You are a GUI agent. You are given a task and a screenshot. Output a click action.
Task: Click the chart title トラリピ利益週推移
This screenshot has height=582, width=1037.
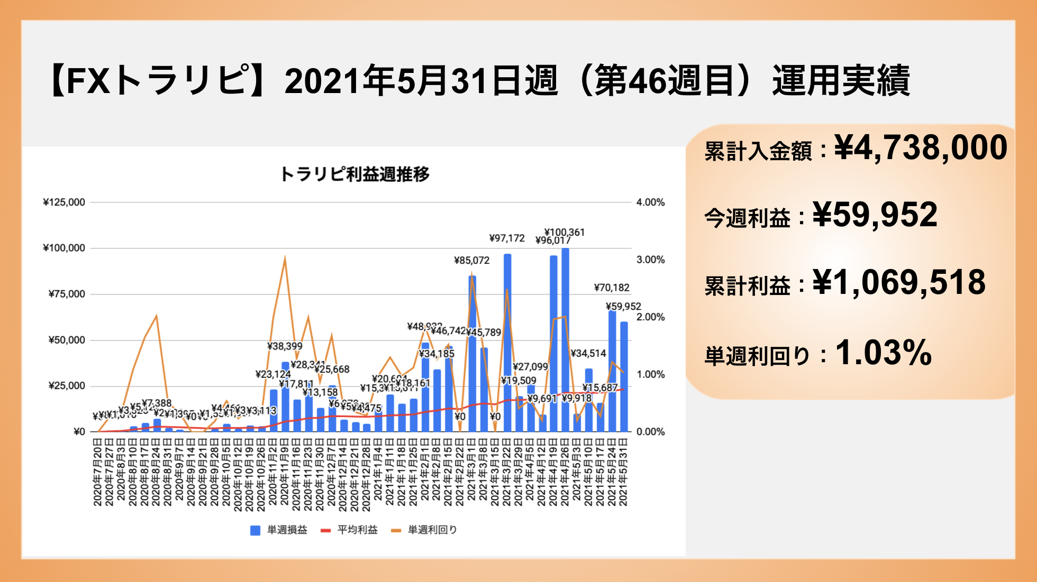click(x=354, y=174)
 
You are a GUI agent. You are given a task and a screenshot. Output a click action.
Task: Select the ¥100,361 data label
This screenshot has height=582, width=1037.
click(x=565, y=232)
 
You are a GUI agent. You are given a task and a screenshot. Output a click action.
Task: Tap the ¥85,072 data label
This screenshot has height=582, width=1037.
click(x=471, y=260)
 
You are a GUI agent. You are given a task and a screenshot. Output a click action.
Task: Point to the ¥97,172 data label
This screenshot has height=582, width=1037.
click(x=507, y=238)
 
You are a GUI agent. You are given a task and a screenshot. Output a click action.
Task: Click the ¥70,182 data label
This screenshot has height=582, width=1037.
click(x=612, y=288)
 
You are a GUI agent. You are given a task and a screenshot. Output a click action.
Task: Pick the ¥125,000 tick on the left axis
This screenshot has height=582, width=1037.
click(x=64, y=202)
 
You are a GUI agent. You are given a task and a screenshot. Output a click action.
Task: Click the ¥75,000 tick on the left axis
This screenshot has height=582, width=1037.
click(x=67, y=294)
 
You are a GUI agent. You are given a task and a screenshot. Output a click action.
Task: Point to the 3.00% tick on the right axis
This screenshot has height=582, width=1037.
click(x=650, y=260)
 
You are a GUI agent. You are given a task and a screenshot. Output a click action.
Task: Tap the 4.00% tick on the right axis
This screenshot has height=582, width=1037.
click(x=650, y=202)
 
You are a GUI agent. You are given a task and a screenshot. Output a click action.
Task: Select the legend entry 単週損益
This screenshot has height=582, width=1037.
click(x=286, y=530)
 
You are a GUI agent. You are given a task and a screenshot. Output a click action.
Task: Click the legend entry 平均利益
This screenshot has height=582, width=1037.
click(x=357, y=530)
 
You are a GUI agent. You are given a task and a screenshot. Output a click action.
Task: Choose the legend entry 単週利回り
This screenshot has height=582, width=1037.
click(x=432, y=530)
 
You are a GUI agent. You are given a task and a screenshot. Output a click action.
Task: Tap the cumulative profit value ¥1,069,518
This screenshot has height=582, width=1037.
click(x=899, y=282)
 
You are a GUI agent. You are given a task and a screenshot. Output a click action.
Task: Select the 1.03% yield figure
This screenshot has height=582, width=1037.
click(x=883, y=353)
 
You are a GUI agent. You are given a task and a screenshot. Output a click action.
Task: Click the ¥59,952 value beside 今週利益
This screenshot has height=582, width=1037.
click(x=875, y=215)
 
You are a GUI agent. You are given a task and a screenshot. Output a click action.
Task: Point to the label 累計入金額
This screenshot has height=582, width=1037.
click(x=758, y=152)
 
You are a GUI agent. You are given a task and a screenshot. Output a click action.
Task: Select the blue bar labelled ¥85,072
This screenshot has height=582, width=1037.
click(x=472, y=354)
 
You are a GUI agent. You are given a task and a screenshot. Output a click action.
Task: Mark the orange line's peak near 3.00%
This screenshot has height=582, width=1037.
click(x=285, y=258)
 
